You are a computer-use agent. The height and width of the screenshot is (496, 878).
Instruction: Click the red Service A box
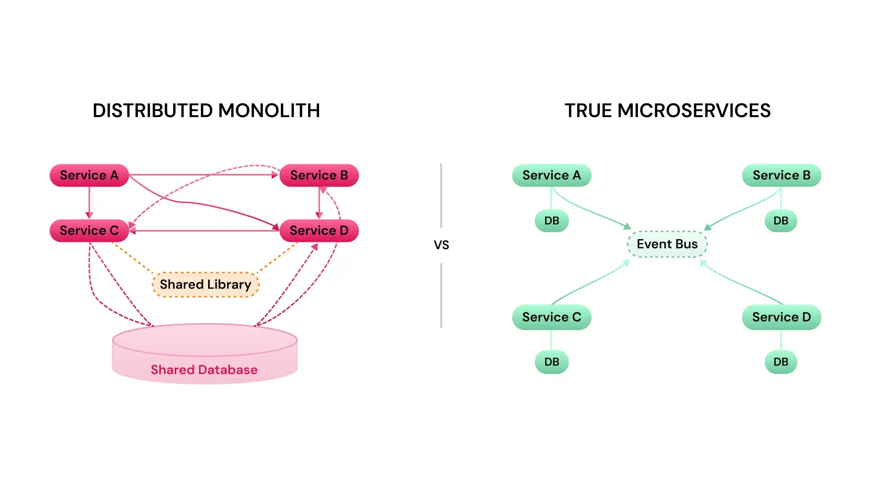click(89, 175)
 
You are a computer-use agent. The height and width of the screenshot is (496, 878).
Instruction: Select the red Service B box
click(319, 175)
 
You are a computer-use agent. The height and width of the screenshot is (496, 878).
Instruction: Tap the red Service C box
click(89, 231)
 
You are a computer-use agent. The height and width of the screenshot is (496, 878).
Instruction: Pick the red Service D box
click(319, 231)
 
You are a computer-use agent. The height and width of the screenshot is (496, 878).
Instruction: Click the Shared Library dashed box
click(205, 285)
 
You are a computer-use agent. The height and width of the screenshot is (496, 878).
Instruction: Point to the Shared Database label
click(204, 370)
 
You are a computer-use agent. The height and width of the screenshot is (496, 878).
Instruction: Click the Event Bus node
click(667, 244)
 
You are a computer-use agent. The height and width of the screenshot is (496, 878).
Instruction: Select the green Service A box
click(552, 175)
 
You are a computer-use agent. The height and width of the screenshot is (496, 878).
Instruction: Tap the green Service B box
click(781, 175)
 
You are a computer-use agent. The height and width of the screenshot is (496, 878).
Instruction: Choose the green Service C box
click(552, 317)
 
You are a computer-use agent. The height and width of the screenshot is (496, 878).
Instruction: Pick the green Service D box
click(781, 317)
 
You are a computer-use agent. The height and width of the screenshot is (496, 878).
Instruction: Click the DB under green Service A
click(552, 221)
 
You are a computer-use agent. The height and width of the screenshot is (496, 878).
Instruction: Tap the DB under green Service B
click(781, 221)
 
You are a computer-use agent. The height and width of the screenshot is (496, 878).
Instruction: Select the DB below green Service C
click(552, 362)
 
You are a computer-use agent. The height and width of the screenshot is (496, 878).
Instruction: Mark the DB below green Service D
click(781, 362)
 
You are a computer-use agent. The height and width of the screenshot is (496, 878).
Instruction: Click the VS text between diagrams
click(441, 245)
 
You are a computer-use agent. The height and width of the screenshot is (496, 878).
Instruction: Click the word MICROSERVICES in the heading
click(694, 111)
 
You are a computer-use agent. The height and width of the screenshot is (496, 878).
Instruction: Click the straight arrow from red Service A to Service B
click(203, 175)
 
